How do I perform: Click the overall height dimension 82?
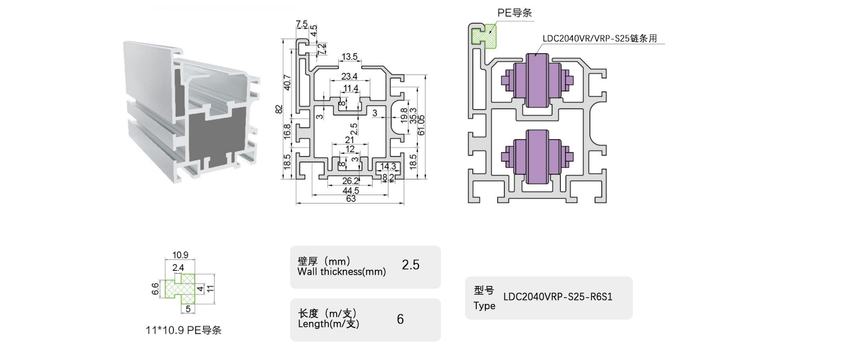(279, 109)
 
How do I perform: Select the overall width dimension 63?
(350, 199)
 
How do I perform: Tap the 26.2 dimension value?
(350, 181)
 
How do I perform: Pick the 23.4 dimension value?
(350, 77)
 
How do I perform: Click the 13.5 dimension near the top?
(350, 57)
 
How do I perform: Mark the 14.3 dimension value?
(388, 167)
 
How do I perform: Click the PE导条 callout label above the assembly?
(515, 13)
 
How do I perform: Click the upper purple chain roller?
(538, 80)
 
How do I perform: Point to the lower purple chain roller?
(538, 156)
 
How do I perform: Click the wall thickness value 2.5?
(411, 265)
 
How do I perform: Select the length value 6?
(400, 319)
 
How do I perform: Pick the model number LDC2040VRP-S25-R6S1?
(558, 297)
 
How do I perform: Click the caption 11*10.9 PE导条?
(183, 330)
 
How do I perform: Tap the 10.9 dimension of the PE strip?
(180, 255)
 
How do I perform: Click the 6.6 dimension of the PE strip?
(155, 289)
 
